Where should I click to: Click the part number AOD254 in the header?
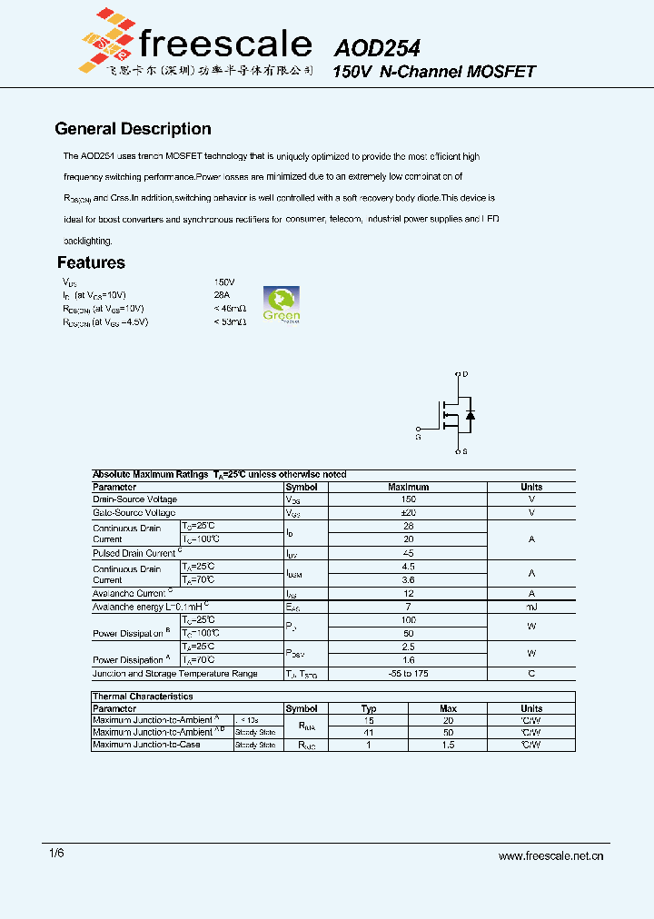(376, 48)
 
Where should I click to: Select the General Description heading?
(133, 129)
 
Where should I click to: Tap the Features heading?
(91, 262)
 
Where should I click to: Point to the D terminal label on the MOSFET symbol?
(466, 374)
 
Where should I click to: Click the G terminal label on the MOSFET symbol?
(419, 437)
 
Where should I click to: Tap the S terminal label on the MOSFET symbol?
(465, 451)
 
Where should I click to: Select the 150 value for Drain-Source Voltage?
(408, 499)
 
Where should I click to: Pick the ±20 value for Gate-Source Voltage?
(408, 513)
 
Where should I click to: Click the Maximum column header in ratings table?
(408, 487)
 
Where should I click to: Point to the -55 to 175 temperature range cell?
(408, 674)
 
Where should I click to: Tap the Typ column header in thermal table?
(369, 708)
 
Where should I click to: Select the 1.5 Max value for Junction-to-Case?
(448, 745)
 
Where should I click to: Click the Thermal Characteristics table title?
(143, 697)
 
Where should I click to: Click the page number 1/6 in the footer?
(56, 854)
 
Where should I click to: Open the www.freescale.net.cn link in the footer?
(551, 855)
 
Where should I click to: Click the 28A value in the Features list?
(223, 295)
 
